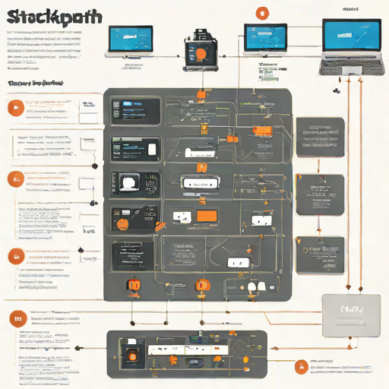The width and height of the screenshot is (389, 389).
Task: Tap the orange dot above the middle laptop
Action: point(262,12)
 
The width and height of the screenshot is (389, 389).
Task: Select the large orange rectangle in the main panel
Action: point(207,216)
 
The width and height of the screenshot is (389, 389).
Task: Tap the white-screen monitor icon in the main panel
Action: point(128,182)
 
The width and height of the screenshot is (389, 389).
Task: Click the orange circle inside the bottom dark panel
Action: point(131,356)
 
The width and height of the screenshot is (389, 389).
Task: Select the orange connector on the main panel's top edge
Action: point(201,94)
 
